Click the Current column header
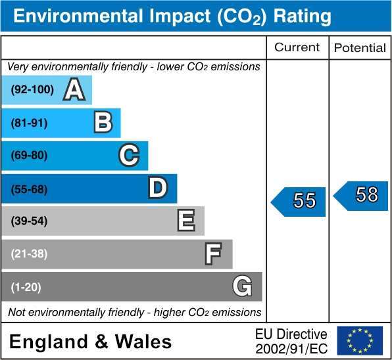(x=297, y=47)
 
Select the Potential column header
(x=360, y=48)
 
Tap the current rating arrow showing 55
(x=298, y=202)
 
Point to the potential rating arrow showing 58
(x=360, y=196)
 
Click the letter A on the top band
(x=74, y=89)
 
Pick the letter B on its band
(x=103, y=122)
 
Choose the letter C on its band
(x=129, y=155)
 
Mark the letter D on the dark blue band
(x=158, y=188)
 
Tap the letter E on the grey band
(x=186, y=220)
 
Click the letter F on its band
(x=213, y=254)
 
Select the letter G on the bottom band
(x=242, y=286)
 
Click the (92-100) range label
(x=32, y=89)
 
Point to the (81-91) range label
(x=29, y=123)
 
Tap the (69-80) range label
(x=29, y=155)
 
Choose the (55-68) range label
(x=29, y=189)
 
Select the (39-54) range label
(x=29, y=221)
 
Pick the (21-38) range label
(x=29, y=254)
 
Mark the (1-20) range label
(x=26, y=287)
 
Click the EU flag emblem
(x=360, y=340)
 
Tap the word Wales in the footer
(x=143, y=342)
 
